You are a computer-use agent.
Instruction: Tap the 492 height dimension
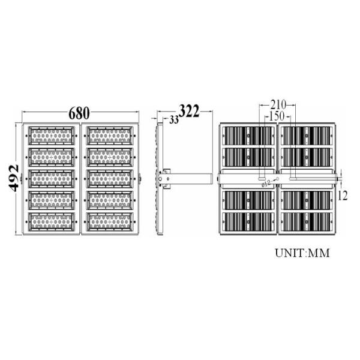point(14,178)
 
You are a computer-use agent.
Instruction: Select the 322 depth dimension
point(189,111)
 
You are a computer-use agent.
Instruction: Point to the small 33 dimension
point(174,119)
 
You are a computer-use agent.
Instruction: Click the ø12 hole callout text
point(266,184)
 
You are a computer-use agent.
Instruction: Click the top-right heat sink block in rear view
point(305,136)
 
